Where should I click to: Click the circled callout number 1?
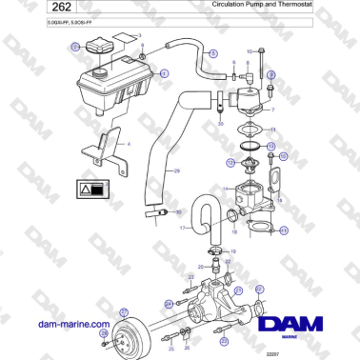pyautogui.click(x=164, y=72)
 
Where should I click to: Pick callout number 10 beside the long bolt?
pyautogui.click(x=250, y=50)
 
